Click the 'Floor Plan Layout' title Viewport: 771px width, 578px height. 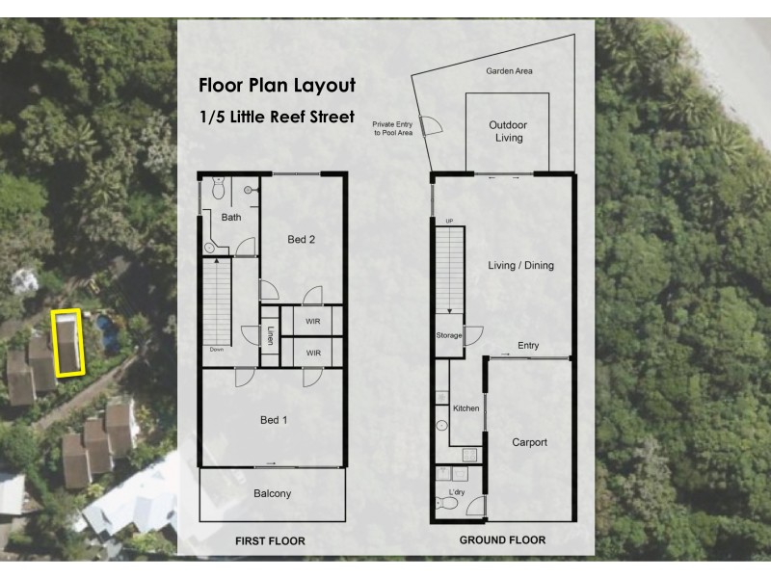(278, 85)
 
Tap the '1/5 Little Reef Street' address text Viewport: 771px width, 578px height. (278, 117)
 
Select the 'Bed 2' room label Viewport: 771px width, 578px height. (302, 240)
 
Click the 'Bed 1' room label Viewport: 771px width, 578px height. (274, 420)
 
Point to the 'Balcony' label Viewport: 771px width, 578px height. (273, 494)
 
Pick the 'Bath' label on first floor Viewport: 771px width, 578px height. (231, 218)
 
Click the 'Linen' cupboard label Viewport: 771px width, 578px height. (271, 334)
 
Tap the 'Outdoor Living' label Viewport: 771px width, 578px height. (508, 132)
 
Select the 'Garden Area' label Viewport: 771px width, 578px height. (510, 71)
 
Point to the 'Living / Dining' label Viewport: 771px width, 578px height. (521, 266)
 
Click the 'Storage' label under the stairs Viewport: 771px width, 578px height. (448, 336)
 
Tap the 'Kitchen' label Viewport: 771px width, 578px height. (466, 409)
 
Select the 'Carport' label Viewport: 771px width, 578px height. (530, 443)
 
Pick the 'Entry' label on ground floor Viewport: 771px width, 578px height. (528, 346)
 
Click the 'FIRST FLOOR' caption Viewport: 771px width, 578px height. (270, 541)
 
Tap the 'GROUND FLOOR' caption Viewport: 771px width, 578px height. (502, 540)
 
